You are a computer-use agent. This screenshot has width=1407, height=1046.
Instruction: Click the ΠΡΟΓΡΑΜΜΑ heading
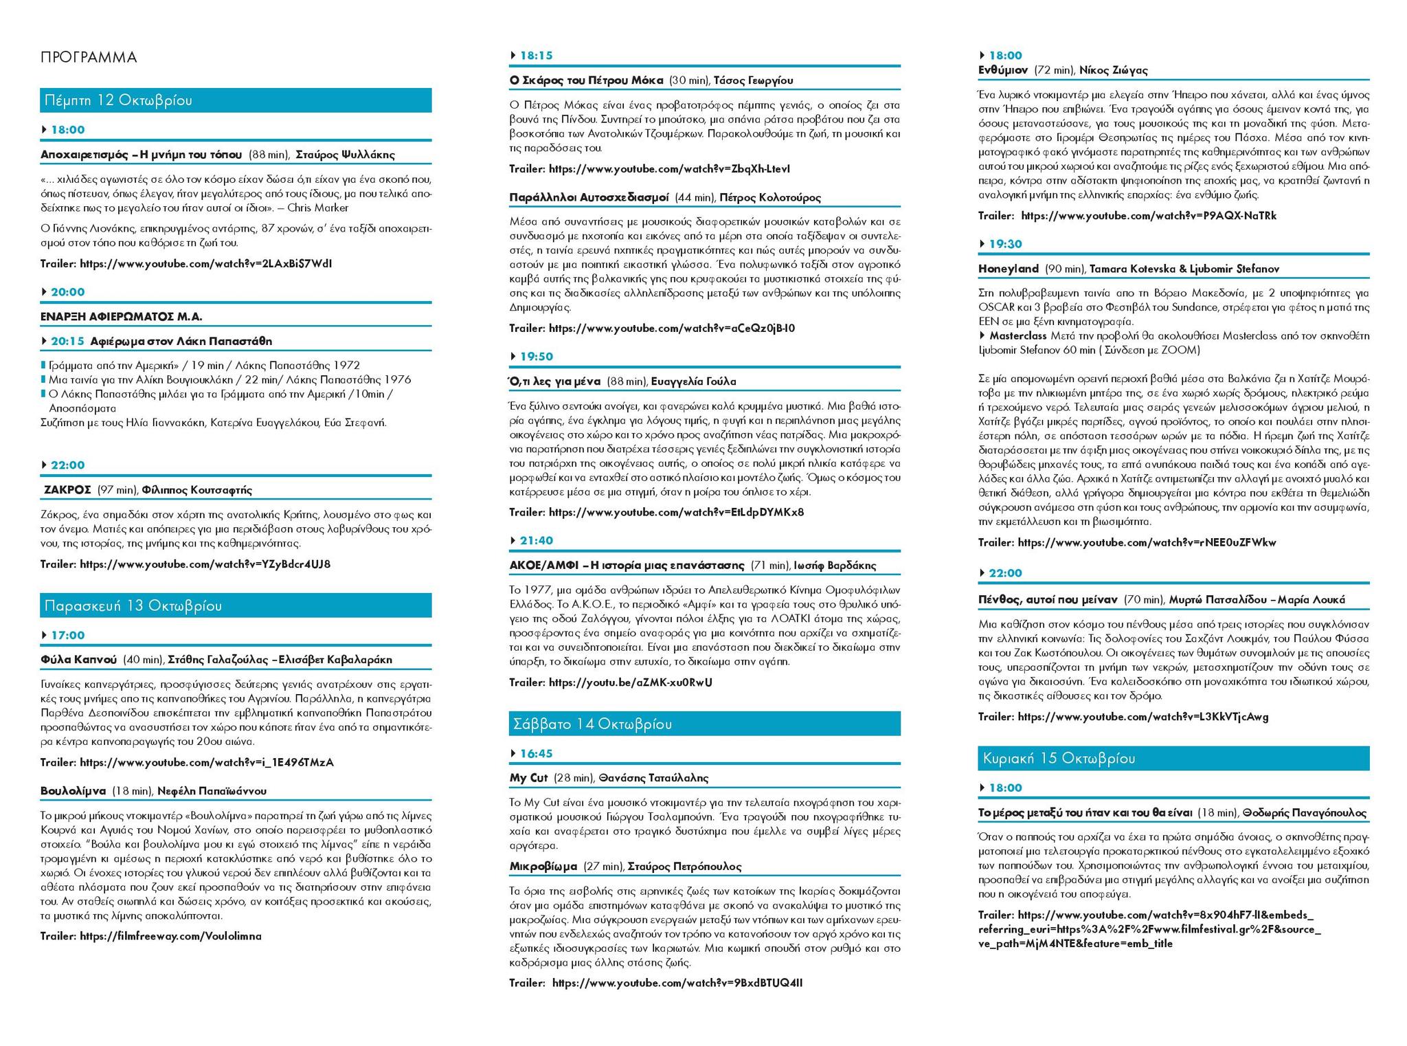point(89,57)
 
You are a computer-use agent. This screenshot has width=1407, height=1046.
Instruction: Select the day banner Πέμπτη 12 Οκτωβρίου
point(118,100)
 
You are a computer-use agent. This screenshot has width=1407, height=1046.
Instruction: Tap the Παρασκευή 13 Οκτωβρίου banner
point(133,605)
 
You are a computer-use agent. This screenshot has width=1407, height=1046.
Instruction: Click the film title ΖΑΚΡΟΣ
point(67,490)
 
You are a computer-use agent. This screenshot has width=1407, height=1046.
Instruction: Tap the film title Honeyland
point(1008,269)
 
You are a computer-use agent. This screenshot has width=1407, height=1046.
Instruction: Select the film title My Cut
point(528,778)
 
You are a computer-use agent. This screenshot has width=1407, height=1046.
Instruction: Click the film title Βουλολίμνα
point(73,791)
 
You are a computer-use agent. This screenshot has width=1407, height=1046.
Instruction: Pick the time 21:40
point(536,541)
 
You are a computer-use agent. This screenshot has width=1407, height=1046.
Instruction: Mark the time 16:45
point(536,754)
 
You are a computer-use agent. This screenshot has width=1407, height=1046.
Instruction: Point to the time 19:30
point(1005,244)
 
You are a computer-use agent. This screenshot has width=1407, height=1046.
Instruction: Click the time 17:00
point(67,636)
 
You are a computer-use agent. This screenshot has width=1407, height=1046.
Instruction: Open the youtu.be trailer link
point(630,682)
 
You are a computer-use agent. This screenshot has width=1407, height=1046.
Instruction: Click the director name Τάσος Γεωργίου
point(753,80)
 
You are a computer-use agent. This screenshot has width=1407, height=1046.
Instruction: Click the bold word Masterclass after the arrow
point(1017,336)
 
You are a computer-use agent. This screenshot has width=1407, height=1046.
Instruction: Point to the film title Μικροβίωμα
point(543,867)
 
